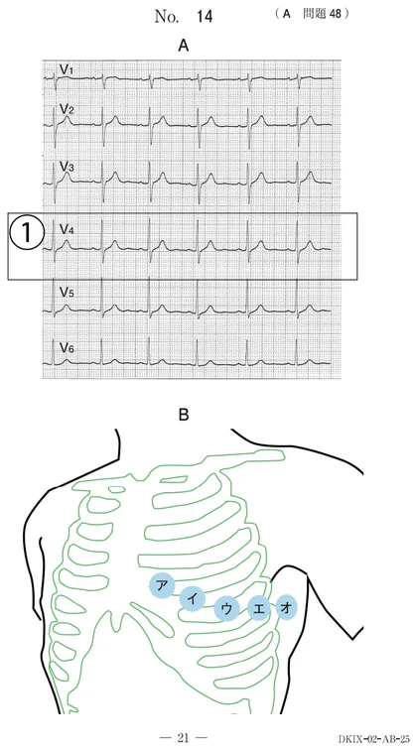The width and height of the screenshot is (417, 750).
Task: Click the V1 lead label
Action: click(x=67, y=69)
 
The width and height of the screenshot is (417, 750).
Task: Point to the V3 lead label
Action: click(x=67, y=167)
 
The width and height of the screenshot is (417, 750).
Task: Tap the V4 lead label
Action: click(x=67, y=229)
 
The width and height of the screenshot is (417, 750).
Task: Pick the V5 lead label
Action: click(x=67, y=293)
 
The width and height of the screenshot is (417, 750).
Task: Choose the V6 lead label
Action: click(x=67, y=348)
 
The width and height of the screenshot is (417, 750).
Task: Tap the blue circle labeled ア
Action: click(x=162, y=585)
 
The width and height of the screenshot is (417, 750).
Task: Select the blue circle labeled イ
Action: click(x=193, y=599)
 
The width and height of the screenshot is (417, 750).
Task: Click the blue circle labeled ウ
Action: click(x=226, y=609)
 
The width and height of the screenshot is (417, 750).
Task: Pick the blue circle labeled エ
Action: click(x=259, y=609)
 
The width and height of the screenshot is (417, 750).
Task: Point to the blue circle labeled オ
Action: click(x=286, y=608)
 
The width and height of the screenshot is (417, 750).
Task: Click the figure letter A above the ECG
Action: click(x=184, y=46)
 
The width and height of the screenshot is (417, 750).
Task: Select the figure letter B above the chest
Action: click(x=184, y=415)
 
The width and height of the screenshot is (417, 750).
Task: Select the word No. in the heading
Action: click(x=167, y=17)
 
